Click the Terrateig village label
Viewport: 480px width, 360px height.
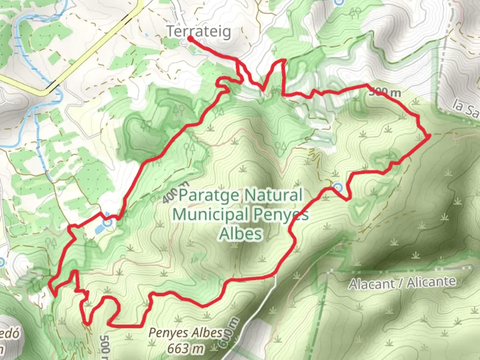tap(199, 32)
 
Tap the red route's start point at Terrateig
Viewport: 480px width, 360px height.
tap(189, 38)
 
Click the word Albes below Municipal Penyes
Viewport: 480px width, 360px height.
tap(240, 234)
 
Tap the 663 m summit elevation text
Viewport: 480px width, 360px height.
tap(185, 349)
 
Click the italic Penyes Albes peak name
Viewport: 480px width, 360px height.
tap(185, 333)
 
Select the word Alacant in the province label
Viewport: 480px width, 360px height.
tap(371, 284)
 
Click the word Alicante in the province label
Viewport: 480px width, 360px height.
tap(431, 282)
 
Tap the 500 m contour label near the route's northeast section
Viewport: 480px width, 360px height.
tap(385, 92)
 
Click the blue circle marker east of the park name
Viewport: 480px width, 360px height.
tap(338, 187)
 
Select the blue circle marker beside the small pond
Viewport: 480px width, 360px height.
tap(108, 223)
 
